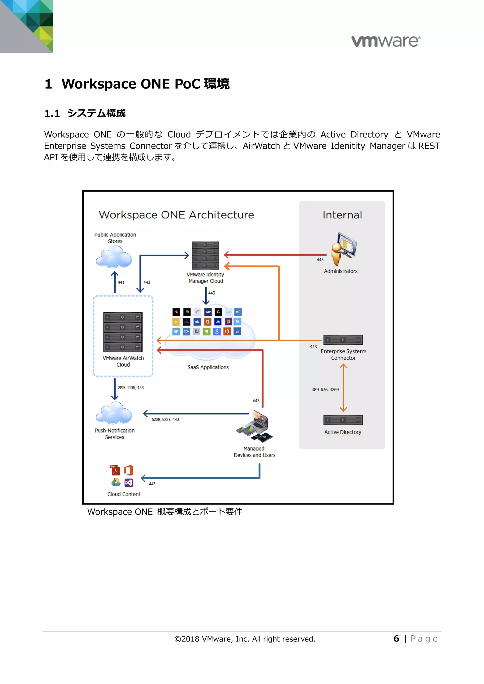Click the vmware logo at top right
pos(386,41)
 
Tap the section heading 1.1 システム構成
pos(85,113)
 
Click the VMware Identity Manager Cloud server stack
pos(205,255)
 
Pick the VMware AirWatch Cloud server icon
pos(123,332)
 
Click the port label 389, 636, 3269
pos(325,390)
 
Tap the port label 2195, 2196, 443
pos(130,388)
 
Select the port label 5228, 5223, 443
pos(165,419)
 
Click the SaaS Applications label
pos(208,367)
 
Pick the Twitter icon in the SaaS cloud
pos(176,332)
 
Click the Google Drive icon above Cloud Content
pos(116,482)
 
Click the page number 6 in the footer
pos(396,638)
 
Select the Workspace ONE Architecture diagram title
pos(177,215)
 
